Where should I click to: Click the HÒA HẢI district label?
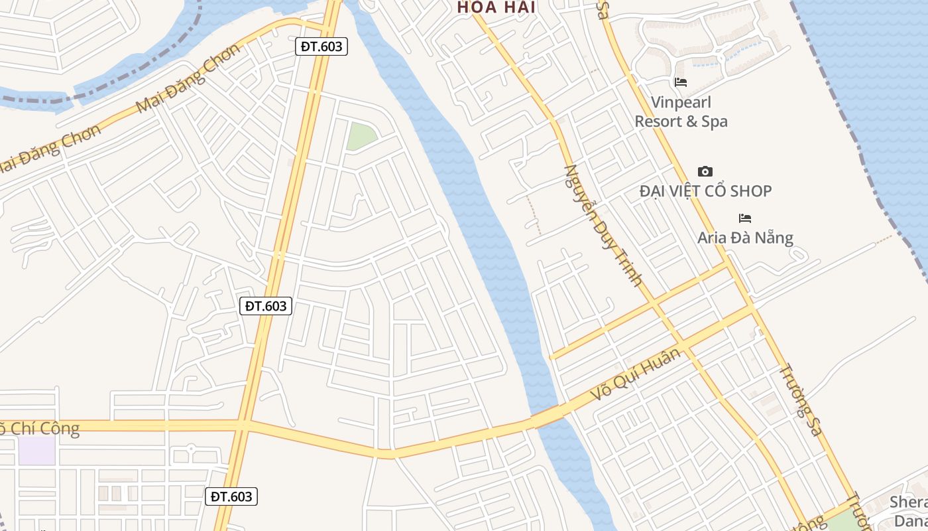(496, 7)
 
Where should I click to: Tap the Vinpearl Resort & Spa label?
(681, 112)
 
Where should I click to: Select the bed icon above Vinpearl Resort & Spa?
(680, 82)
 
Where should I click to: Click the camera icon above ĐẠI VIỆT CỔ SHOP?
(705, 171)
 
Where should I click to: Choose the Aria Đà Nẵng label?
(745, 237)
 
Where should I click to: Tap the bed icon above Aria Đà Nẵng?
(745, 218)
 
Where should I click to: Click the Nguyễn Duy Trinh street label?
(603, 225)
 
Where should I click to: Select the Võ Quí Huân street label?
(636, 374)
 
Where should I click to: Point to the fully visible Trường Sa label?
(800, 400)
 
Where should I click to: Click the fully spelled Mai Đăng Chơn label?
(188, 78)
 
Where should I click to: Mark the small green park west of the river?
(360, 135)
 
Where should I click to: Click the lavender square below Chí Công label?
(36, 451)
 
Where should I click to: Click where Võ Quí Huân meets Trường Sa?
(752, 309)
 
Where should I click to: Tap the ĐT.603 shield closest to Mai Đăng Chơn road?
(321, 46)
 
